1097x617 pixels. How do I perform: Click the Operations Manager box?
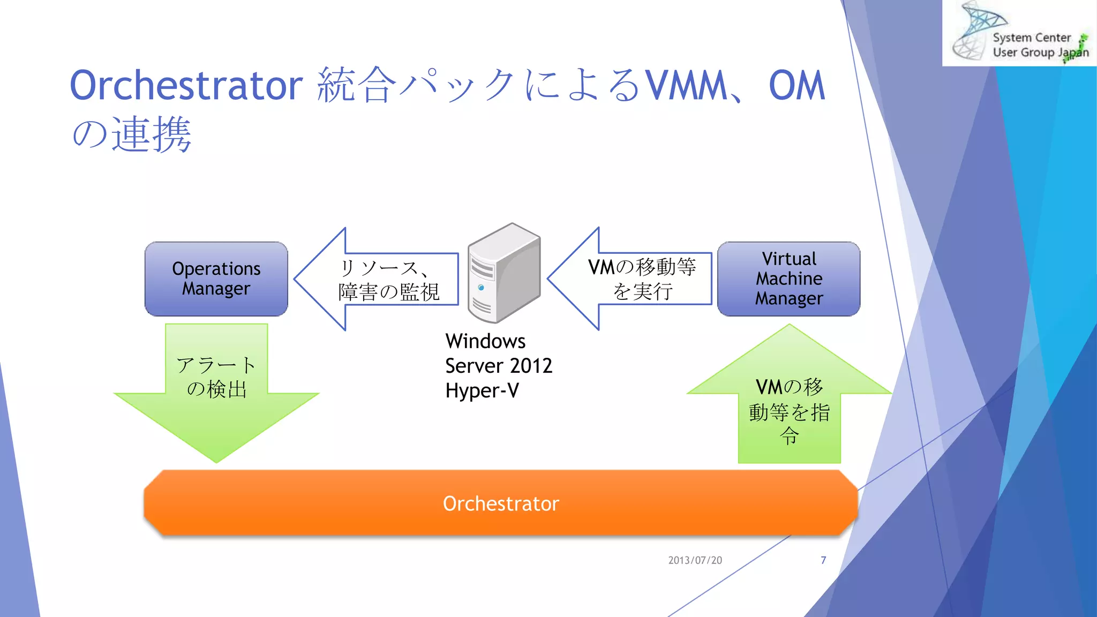[216, 279]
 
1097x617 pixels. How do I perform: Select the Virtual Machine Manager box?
[788, 279]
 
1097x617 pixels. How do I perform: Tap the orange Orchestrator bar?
[501, 503]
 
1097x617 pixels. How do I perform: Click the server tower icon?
[504, 273]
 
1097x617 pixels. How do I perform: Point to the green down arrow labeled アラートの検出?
[216, 391]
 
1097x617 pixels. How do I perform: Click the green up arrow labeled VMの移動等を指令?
[789, 407]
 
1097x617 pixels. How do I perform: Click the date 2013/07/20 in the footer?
[695, 560]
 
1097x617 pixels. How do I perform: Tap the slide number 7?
[823, 560]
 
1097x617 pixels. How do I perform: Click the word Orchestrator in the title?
[186, 86]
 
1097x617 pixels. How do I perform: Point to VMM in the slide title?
[686, 86]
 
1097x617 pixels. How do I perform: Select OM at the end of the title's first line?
[797, 86]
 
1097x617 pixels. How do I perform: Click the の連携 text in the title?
[131, 134]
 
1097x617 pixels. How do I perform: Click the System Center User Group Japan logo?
[1018, 33]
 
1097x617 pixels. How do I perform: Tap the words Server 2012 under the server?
[498, 366]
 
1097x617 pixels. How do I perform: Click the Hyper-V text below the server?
[482, 390]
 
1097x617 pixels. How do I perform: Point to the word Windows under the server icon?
[485, 341]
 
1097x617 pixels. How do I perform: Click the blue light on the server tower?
[481, 288]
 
